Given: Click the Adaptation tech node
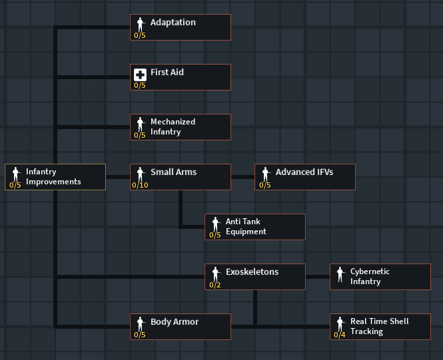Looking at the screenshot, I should coord(181,27).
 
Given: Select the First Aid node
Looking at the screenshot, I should coord(181,77).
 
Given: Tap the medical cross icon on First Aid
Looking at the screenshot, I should coord(140,74).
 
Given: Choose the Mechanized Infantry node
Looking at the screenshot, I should coord(181,127).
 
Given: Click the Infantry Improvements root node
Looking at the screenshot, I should coord(55,177).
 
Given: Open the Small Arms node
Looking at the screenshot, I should coord(181,177).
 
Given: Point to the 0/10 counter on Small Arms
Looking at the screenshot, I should coord(141,185).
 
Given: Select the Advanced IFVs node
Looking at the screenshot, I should coord(305,177).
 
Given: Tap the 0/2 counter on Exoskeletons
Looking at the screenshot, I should coord(215,285).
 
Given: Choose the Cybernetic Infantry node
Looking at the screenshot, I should coord(380,277).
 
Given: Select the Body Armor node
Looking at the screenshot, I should coord(181,327).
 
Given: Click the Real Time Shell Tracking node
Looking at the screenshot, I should coord(380,327).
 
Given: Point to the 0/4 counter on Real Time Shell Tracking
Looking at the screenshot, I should coord(340,335).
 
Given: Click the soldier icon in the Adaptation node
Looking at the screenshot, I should coord(140,23).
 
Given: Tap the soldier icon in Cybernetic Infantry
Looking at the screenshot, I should coord(340,273).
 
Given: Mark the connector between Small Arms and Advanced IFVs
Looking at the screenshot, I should coord(243,177).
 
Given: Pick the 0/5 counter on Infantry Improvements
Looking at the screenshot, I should coord(15,185).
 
